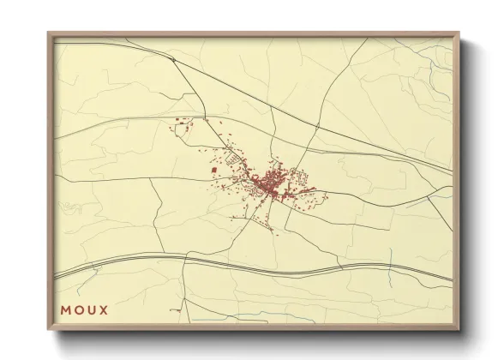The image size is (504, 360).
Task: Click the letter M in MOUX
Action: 66,309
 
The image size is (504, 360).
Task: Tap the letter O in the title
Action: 80,309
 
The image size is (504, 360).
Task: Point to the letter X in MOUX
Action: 105,309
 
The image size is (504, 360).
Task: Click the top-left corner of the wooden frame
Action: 49,33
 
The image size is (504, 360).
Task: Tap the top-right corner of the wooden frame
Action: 459,33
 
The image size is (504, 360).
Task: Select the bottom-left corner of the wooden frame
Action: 49,331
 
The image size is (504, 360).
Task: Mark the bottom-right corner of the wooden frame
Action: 459,331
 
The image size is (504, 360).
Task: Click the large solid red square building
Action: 213,171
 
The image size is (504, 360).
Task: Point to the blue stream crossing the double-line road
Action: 390,258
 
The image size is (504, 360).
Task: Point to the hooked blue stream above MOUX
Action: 69,206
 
